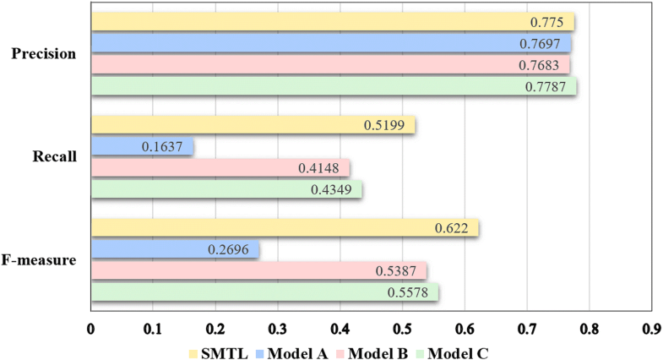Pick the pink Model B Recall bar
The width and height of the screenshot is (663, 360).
coord(220,168)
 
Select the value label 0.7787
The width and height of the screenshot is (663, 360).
coord(550,86)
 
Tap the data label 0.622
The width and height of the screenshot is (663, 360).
coord(459,229)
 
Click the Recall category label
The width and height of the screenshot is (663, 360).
coord(57,157)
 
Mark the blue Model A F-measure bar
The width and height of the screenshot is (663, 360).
coord(174,250)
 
